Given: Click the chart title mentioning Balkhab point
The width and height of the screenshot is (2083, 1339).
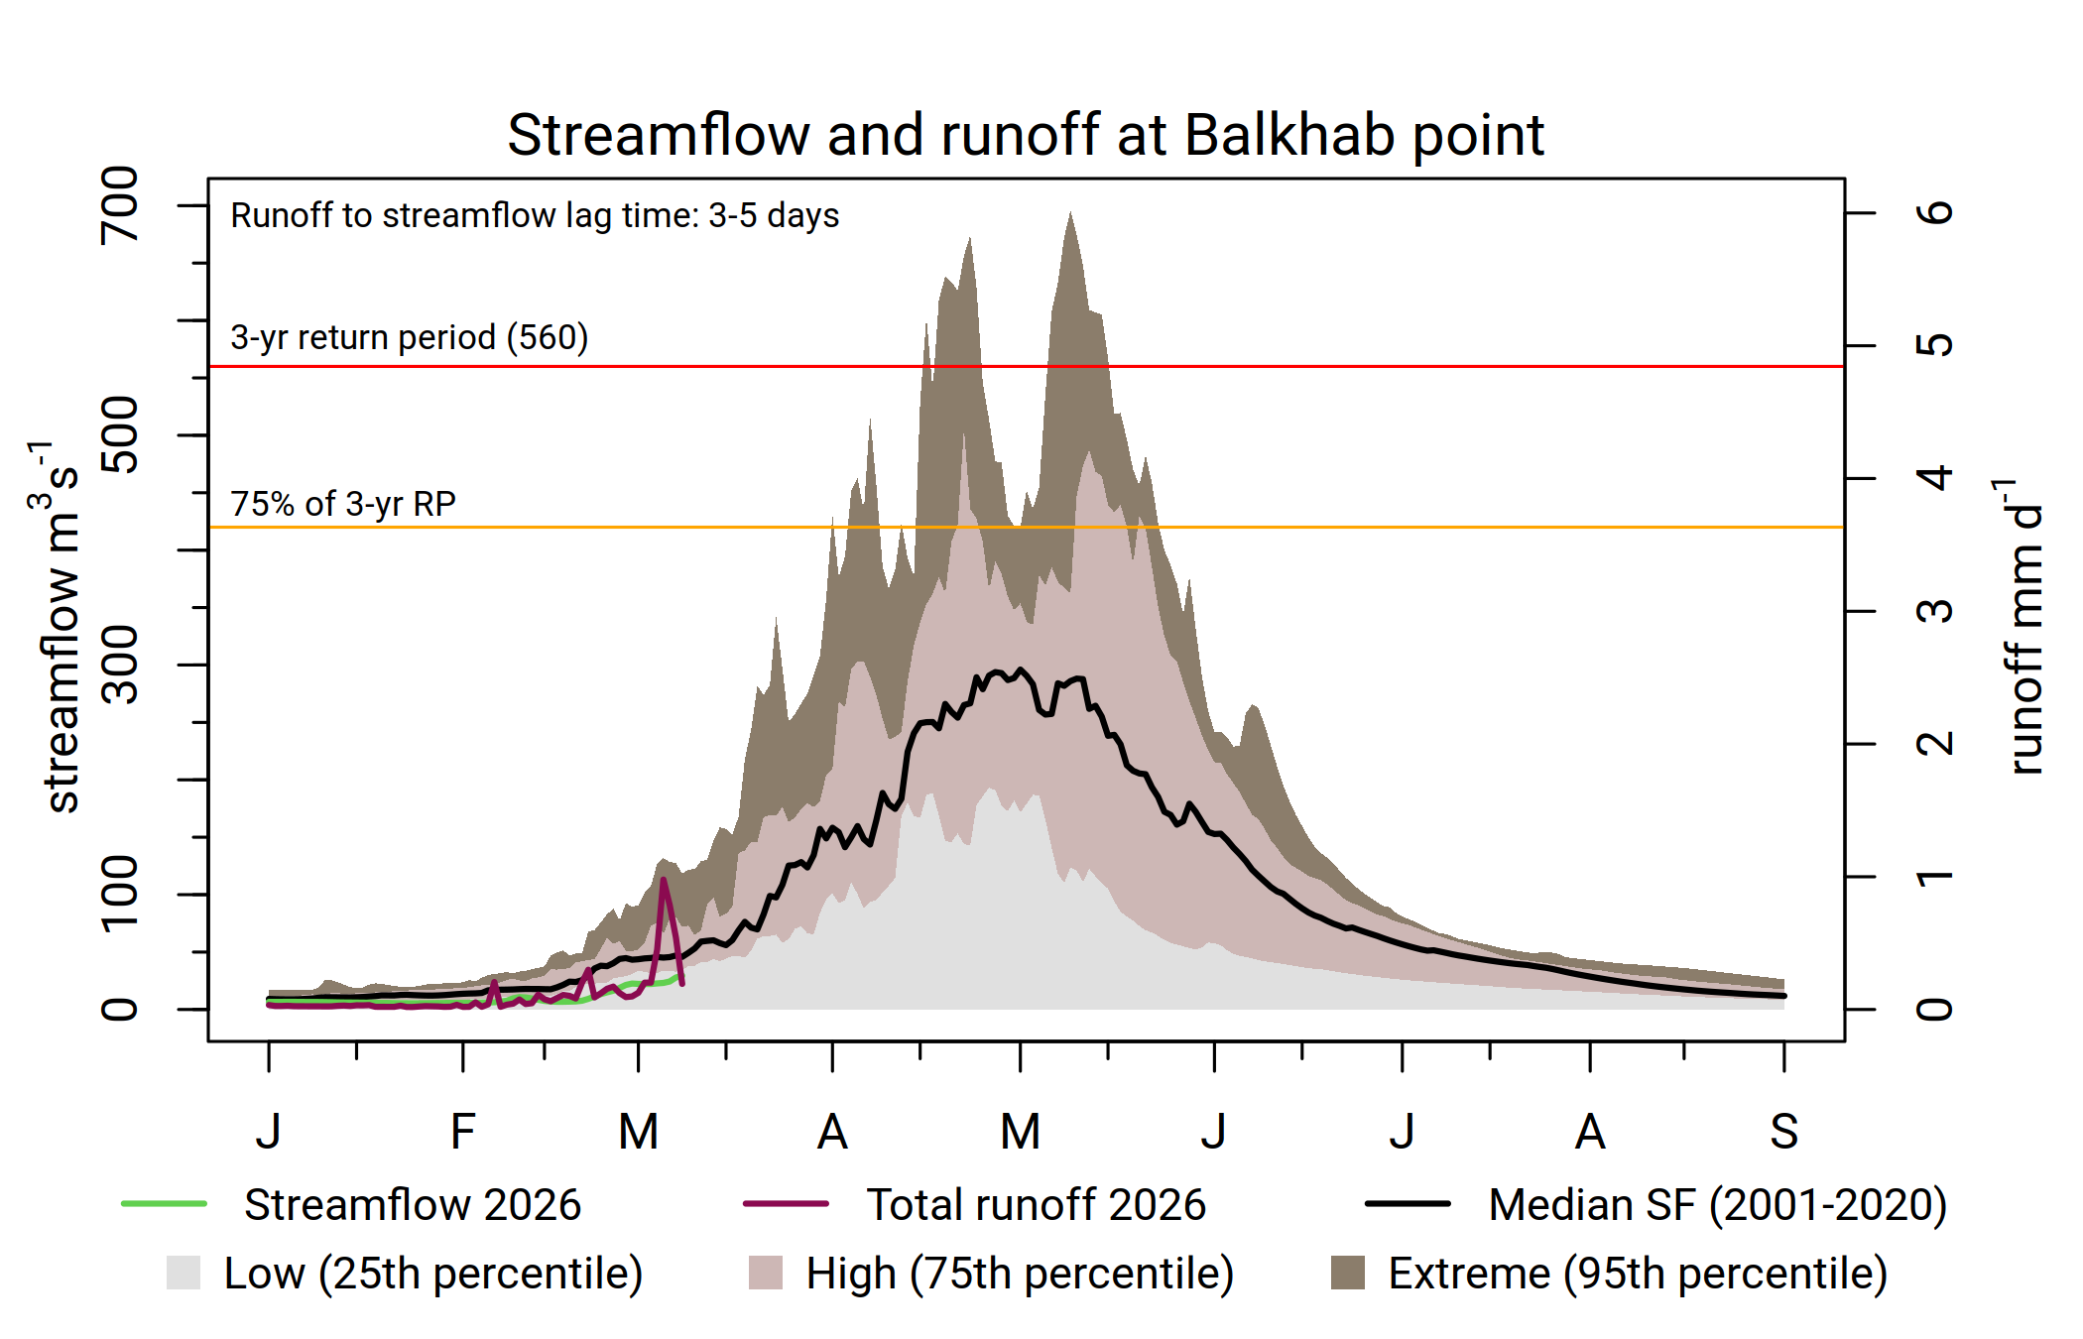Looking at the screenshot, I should [1026, 135].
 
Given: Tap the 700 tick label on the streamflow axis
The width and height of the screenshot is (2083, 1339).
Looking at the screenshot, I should [120, 205].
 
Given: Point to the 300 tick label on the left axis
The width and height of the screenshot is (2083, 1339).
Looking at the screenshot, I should [120, 665].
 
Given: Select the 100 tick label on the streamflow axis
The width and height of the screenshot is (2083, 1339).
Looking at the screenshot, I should [120, 894].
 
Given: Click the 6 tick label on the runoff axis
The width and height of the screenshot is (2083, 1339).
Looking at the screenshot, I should [1934, 212].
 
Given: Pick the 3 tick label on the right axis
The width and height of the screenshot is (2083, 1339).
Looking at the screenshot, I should [1934, 611].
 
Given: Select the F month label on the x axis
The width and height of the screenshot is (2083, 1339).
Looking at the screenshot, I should [462, 1132].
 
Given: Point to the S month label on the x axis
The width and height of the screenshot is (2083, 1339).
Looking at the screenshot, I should [1783, 1132].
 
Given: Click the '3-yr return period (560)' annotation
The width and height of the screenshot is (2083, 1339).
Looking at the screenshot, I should [409, 337].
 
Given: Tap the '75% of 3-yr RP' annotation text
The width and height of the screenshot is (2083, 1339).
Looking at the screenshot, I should [343, 504].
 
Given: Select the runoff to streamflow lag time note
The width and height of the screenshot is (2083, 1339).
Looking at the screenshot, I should [535, 215].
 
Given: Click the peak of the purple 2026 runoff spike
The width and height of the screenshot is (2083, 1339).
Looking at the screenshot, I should [663, 879].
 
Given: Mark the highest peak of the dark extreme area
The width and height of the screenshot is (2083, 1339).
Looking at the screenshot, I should [1070, 214].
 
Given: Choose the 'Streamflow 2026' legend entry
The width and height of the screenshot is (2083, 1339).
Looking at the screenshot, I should [412, 1204].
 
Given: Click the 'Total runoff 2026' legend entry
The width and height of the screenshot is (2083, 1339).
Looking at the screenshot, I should [1036, 1204].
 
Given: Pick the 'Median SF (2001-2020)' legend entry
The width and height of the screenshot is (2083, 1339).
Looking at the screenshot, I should [1717, 1204].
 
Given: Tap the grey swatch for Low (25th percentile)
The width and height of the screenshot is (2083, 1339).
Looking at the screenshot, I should [184, 1273].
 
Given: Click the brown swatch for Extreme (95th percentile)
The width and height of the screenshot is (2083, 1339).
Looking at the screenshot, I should [1347, 1273].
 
